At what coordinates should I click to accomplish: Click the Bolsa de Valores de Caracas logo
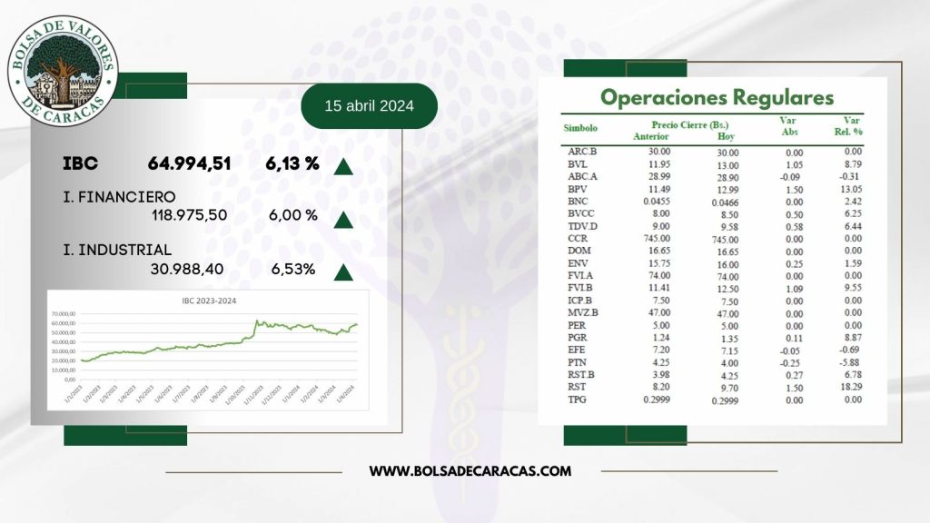pos(63,74)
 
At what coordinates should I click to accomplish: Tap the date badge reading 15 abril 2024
pos(369,106)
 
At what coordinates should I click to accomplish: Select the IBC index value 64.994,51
pos(189,164)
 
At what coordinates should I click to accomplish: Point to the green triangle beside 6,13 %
pos(343,166)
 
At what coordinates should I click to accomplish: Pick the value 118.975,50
pos(189,215)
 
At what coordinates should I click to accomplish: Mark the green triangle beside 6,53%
pos(343,271)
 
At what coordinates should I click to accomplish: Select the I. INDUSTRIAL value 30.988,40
pos(186,269)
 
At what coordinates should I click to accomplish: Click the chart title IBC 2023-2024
pos(208,301)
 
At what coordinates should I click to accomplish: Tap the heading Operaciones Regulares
pos(717,97)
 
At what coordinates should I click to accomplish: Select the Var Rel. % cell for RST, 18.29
pos(851,386)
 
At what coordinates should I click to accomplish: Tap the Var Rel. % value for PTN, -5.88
pos(851,361)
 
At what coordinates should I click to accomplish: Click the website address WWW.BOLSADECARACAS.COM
pos(470,470)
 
